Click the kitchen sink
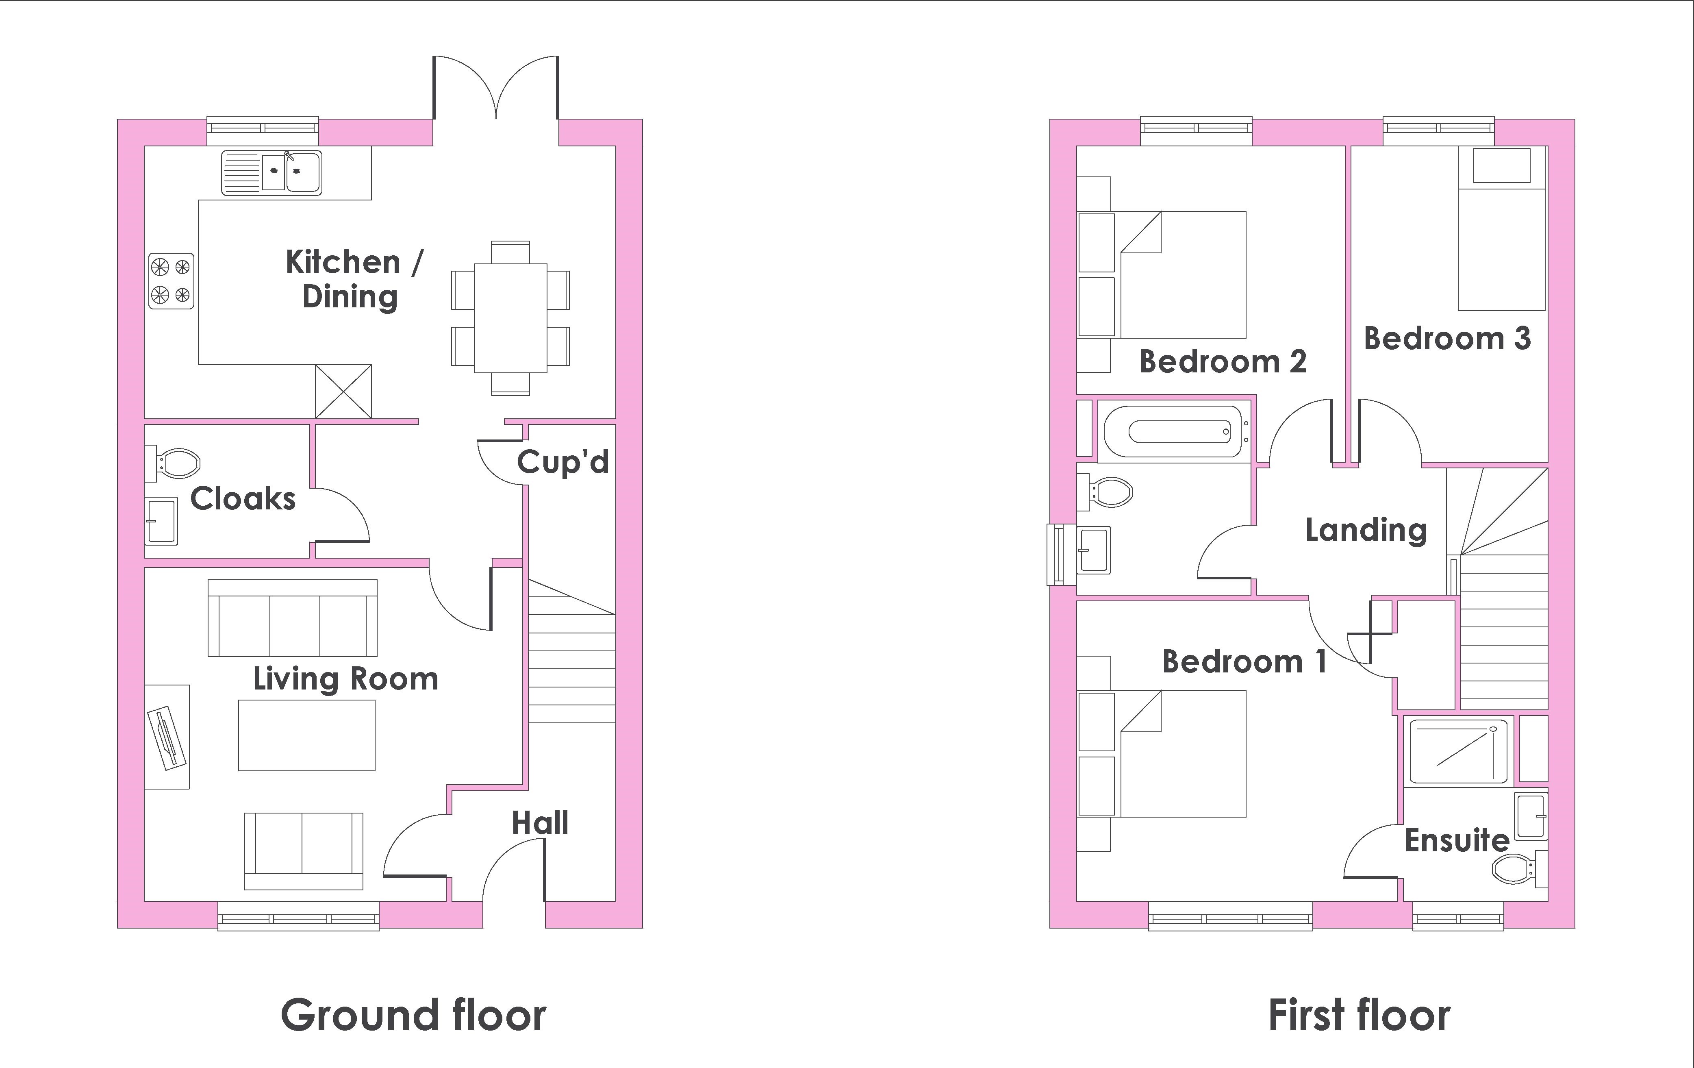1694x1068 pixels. coord(271,172)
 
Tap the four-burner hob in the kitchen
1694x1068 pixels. coord(171,281)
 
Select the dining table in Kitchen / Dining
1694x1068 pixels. coord(510,318)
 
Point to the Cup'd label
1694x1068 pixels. coord(563,462)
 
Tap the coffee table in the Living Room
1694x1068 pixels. coord(307,735)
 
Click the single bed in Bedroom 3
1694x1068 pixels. coord(1501,228)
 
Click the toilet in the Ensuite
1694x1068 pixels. coord(1520,869)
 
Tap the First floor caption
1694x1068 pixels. coord(1359,1015)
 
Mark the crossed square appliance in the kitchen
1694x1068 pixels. coord(343,391)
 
